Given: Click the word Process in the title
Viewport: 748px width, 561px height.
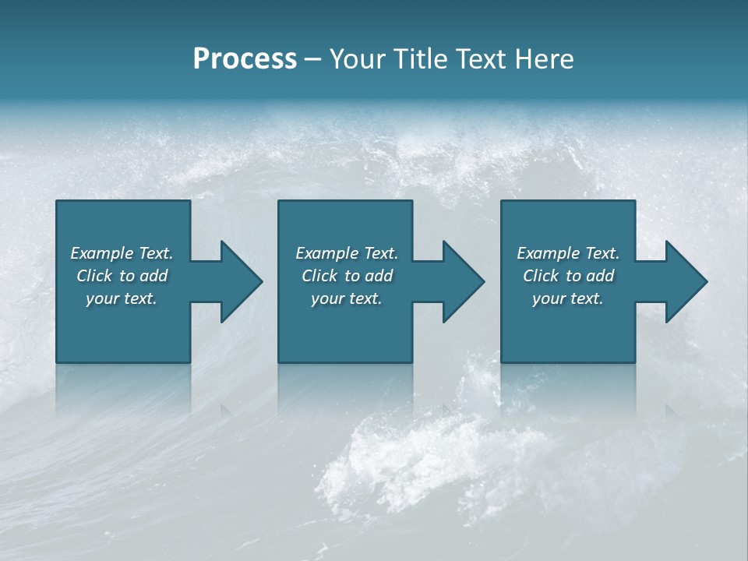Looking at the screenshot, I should (245, 58).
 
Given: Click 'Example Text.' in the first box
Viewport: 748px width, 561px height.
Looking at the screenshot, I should (122, 253).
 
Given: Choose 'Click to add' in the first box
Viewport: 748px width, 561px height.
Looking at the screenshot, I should (122, 276).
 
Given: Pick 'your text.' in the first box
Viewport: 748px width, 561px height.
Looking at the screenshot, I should (122, 298).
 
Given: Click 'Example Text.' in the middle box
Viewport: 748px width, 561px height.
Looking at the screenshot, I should (346, 253).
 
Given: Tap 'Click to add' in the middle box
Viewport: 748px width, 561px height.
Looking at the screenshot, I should (346, 276).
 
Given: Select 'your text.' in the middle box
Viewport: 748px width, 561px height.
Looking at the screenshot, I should (346, 298).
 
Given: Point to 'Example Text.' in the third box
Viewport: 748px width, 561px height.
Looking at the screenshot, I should (568, 253).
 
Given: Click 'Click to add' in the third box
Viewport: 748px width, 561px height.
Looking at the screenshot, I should (568, 276).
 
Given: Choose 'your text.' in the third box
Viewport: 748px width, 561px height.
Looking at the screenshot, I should (568, 298).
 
